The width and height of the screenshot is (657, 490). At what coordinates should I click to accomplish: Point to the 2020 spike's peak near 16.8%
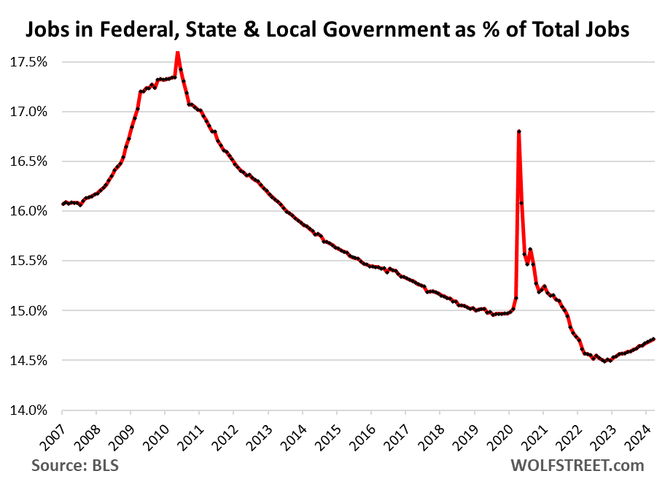[x=518, y=131]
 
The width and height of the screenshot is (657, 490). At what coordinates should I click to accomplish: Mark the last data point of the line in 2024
[x=653, y=339]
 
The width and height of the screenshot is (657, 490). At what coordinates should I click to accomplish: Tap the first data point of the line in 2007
[x=63, y=204]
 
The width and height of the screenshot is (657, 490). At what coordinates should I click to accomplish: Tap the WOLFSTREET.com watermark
[x=577, y=465]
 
